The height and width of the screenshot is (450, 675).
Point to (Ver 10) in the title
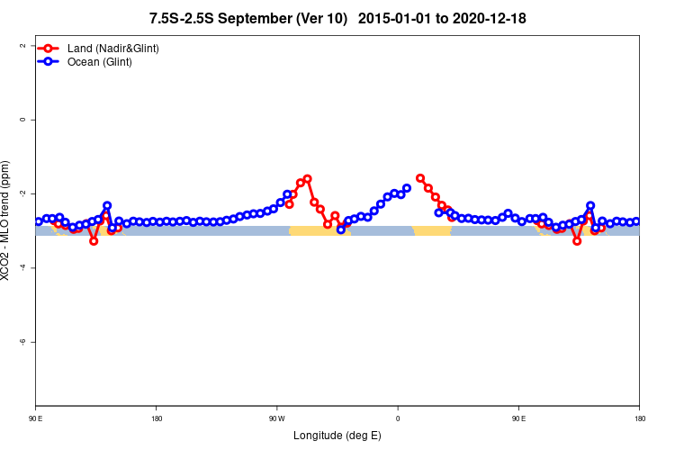pyautogui.click(x=322, y=18)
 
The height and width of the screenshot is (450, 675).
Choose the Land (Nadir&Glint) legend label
pyautogui.click(x=113, y=48)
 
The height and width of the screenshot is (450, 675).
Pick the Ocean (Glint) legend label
pyautogui.click(x=100, y=62)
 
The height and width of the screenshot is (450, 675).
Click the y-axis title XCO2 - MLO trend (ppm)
pyautogui.click(x=7, y=220)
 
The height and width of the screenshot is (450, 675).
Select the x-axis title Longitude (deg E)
pyautogui.click(x=337, y=436)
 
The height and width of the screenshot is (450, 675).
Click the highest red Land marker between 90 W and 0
pyautogui.click(x=307, y=179)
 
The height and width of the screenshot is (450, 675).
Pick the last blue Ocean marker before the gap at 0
pyautogui.click(x=407, y=188)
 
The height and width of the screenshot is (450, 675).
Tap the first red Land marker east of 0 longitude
pyautogui.click(x=420, y=178)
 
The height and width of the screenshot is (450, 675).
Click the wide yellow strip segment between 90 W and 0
pyautogui.click(x=319, y=231)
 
